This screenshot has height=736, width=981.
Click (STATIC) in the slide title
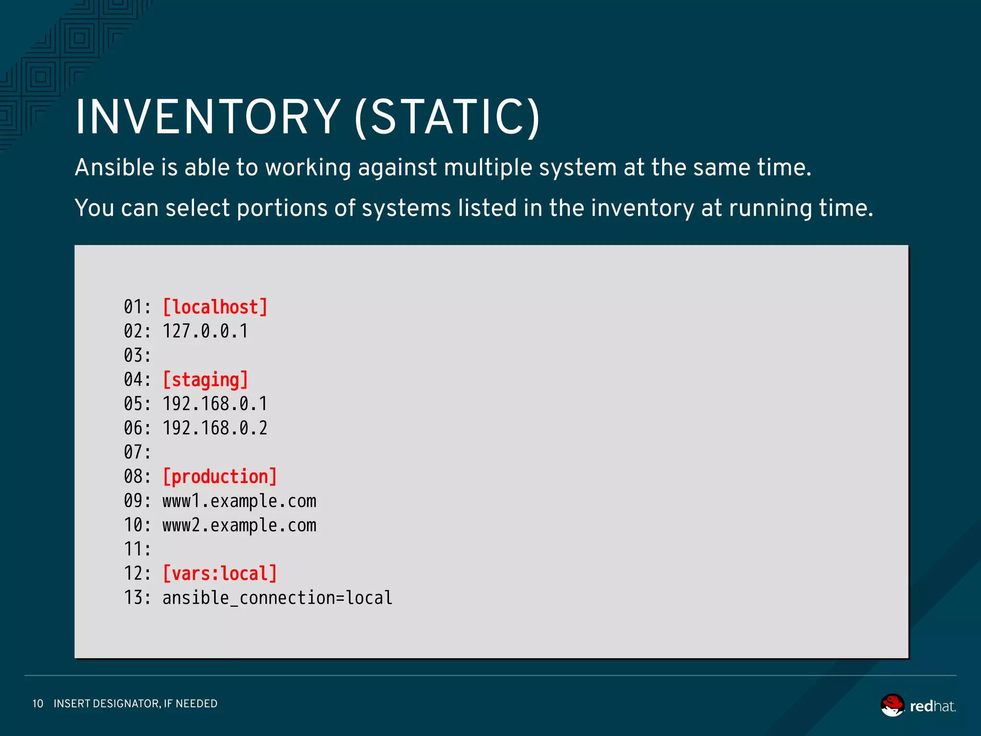tap(447, 117)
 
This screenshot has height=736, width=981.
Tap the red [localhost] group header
tap(215, 307)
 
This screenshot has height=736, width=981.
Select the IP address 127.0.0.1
tap(205, 331)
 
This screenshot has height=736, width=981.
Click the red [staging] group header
tap(205, 379)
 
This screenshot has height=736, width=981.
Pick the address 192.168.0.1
tap(215, 404)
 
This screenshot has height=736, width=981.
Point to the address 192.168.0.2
tap(215, 428)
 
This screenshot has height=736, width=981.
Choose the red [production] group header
tap(220, 477)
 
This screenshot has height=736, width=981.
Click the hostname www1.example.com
tap(240, 501)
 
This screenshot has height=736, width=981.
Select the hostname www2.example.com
tap(240, 526)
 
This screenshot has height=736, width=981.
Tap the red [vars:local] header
tap(220, 574)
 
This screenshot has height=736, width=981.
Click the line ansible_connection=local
tap(277, 598)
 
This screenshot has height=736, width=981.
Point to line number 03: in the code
tap(137, 356)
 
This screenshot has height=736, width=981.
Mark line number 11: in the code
tap(137, 549)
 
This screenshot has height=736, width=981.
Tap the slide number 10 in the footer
tap(38, 703)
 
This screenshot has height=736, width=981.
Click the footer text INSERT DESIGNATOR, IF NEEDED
tap(136, 703)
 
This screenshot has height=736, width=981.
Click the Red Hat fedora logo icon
tap(892, 705)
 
